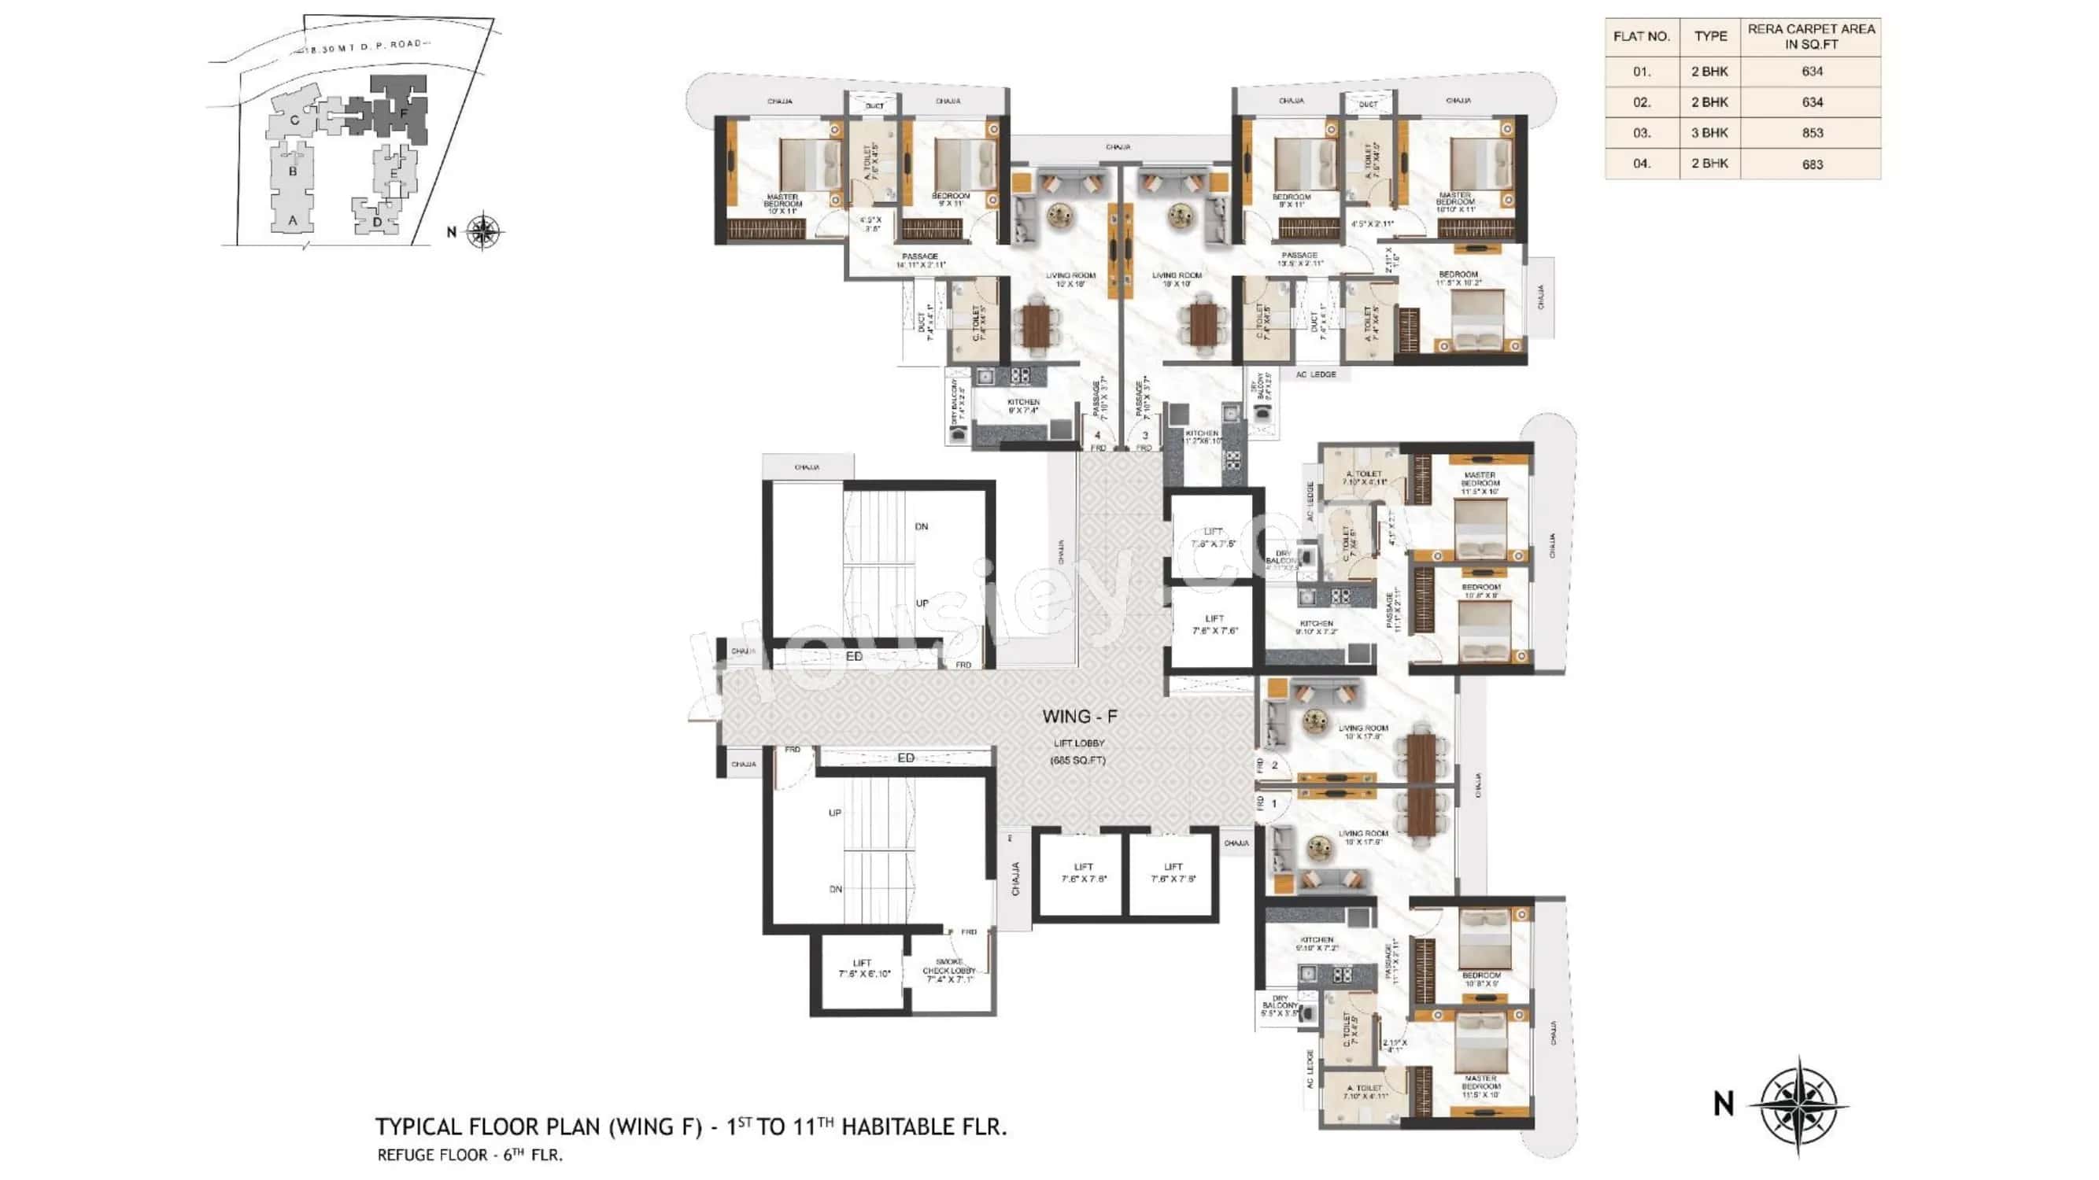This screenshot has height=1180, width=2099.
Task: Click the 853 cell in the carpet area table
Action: pyautogui.click(x=1812, y=133)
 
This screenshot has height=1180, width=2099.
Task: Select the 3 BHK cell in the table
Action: pyautogui.click(x=1709, y=133)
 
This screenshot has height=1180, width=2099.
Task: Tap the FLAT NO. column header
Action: pyautogui.click(x=1641, y=37)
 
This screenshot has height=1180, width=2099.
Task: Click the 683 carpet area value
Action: pyautogui.click(x=1812, y=164)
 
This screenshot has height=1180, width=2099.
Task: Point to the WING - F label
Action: pyautogui.click(x=1080, y=717)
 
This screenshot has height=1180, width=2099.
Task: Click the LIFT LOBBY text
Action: pyautogui.click(x=1079, y=743)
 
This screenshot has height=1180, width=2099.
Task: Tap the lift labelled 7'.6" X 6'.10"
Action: pyautogui.click(x=861, y=969)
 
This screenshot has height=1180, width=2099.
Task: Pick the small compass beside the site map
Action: pyautogui.click(x=483, y=231)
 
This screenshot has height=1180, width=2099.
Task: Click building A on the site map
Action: pyautogui.click(x=293, y=220)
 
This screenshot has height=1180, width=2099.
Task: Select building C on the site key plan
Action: pyautogui.click(x=294, y=120)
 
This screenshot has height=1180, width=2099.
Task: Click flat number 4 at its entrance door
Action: pyautogui.click(x=1098, y=435)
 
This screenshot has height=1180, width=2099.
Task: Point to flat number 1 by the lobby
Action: pyautogui.click(x=1273, y=804)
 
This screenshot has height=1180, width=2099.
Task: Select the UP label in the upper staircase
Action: pyautogui.click(x=922, y=603)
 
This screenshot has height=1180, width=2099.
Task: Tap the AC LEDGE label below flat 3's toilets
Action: pyautogui.click(x=1316, y=374)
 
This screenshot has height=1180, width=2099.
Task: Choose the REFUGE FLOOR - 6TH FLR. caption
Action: pyautogui.click(x=469, y=1155)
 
